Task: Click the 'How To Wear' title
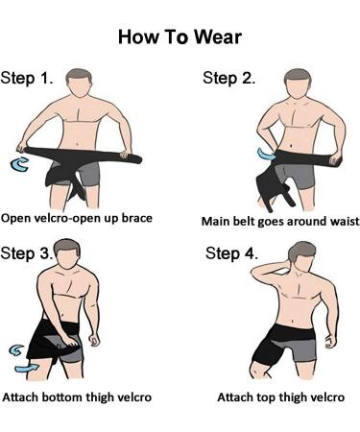pyautogui.click(x=180, y=36)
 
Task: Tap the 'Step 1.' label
pyautogui.click(x=27, y=78)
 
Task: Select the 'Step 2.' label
pyautogui.click(x=229, y=78)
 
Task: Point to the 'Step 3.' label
pyautogui.click(x=27, y=253)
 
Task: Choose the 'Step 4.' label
pyautogui.click(x=231, y=253)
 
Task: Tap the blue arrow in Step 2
pyautogui.click(x=266, y=155)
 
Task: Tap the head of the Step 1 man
pyautogui.click(x=79, y=83)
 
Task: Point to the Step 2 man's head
pyautogui.click(x=298, y=83)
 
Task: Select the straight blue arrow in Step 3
pyautogui.click(x=27, y=368)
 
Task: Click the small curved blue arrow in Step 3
pyautogui.click(x=15, y=350)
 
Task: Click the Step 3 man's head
pyautogui.click(x=66, y=254)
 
